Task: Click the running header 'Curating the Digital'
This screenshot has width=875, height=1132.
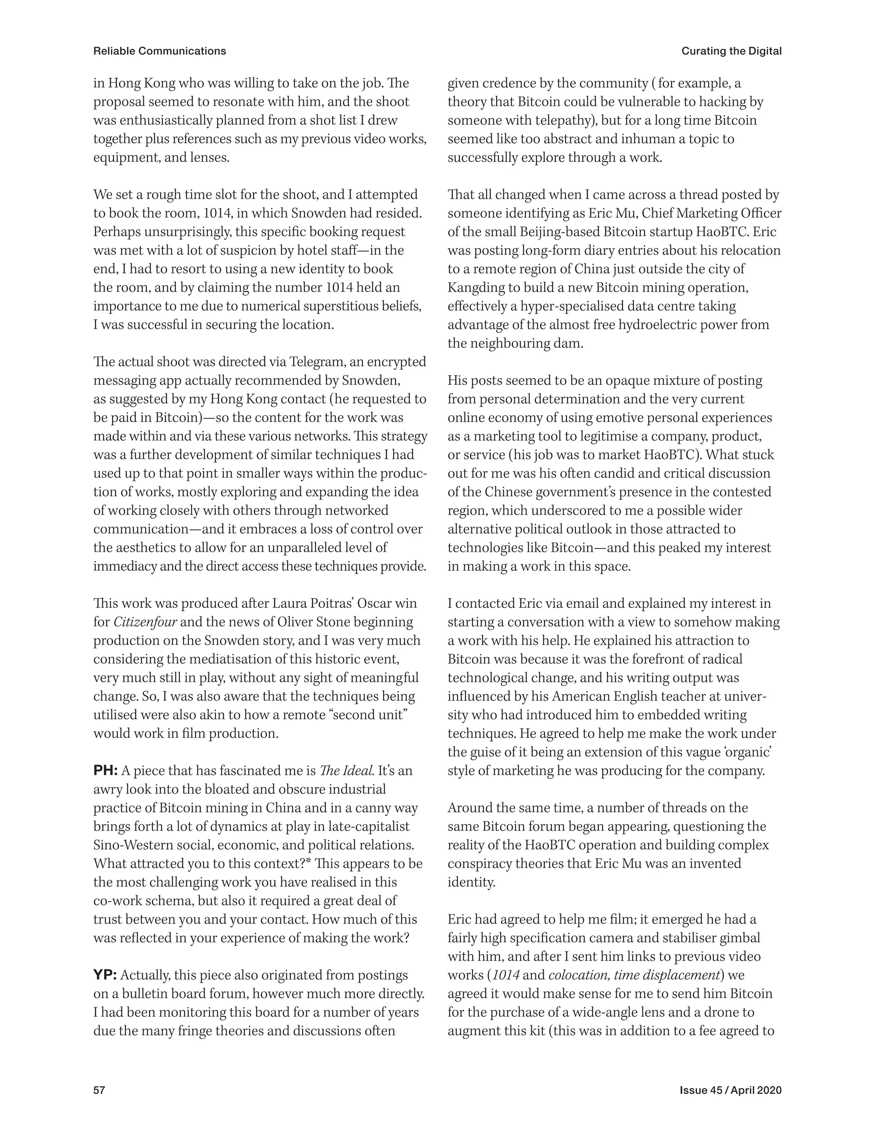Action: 731,51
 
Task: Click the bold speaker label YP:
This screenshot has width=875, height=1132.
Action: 105,975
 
